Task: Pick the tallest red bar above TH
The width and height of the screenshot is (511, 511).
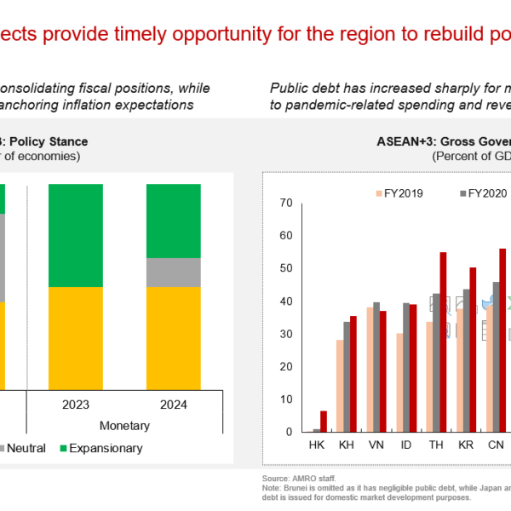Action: click(x=443, y=342)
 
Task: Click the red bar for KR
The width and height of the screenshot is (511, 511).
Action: click(x=473, y=349)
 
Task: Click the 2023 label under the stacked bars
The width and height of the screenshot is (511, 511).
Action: click(x=76, y=405)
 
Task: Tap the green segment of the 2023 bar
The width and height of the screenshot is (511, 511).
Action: click(x=76, y=234)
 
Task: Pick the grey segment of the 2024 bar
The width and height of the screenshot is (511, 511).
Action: click(x=174, y=273)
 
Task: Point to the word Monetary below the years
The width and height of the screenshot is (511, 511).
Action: click(x=124, y=425)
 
